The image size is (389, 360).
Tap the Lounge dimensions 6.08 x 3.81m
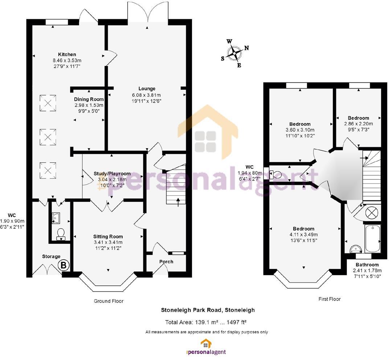(x=147, y=95)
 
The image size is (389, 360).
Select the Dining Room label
(x=89, y=99)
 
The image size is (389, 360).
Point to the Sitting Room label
(x=108, y=236)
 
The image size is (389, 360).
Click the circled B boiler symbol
(x=64, y=265)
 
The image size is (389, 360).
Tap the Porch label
(x=166, y=261)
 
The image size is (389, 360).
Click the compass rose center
(x=234, y=53)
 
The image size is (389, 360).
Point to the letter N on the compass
(x=247, y=48)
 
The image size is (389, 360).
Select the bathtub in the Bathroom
(x=373, y=238)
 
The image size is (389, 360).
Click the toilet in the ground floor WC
(x=61, y=233)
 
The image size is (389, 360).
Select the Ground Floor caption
(x=108, y=301)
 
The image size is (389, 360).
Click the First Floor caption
(x=329, y=299)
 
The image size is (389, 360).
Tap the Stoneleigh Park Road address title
(x=208, y=310)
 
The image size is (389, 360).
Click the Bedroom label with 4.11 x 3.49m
(x=304, y=229)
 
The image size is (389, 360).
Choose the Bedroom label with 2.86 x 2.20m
(x=358, y=118)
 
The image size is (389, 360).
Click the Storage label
(x=51, y=256)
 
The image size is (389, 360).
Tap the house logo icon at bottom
(x=206, y=343)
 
